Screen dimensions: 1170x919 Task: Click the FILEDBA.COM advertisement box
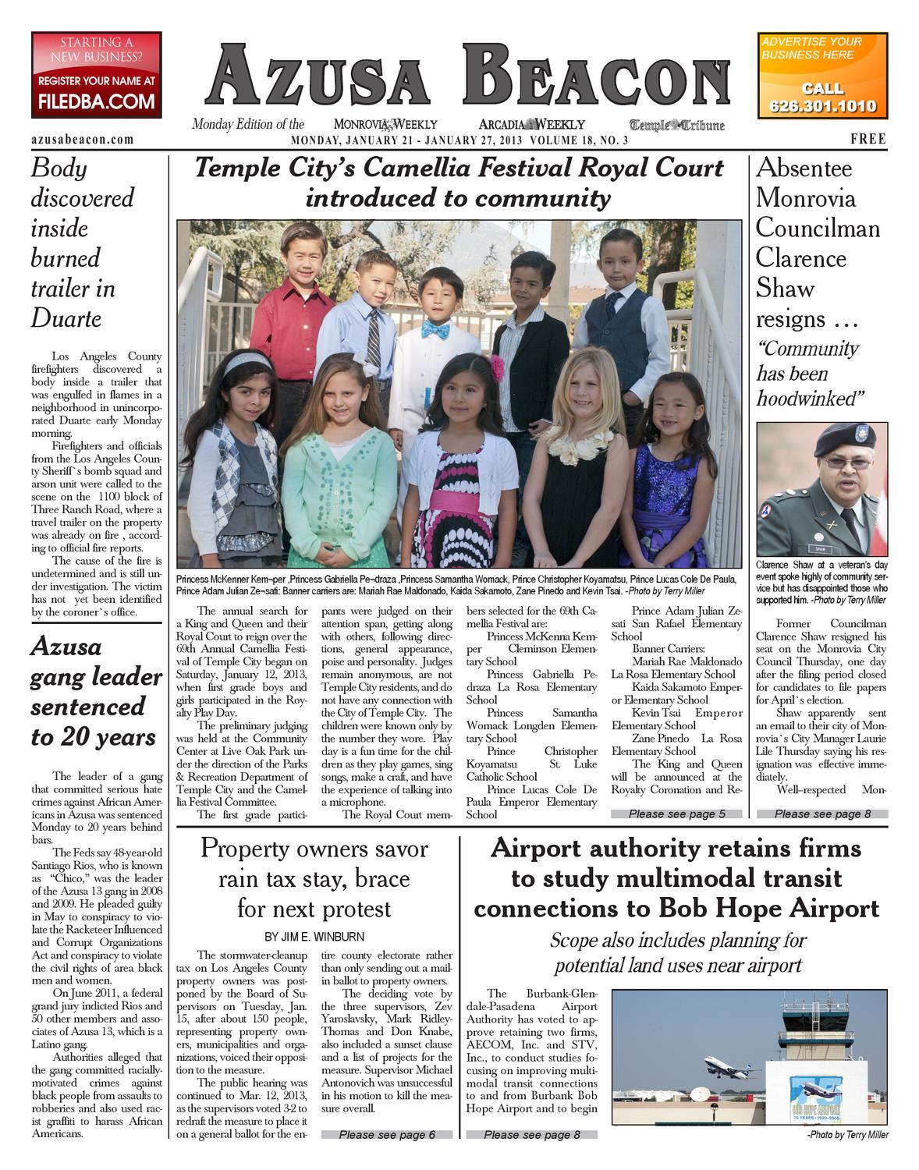97,75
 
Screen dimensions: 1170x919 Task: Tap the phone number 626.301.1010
822,106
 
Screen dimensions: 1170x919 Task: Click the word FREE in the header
868,139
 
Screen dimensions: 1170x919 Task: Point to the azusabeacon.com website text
82,140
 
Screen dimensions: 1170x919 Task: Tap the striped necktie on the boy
374,336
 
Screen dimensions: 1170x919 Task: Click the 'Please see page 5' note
676,814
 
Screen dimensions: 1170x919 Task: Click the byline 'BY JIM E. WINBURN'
314,936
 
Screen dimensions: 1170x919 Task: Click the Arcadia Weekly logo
532,124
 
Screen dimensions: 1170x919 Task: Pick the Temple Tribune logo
677,125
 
